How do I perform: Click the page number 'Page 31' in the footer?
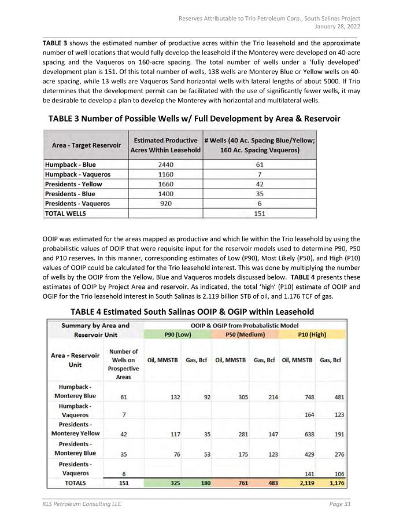339,505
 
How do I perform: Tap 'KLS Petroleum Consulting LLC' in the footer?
82,505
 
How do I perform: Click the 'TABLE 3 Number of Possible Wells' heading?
194,119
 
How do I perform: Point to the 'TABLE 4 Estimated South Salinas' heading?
192,312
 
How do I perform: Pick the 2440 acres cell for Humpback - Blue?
166,164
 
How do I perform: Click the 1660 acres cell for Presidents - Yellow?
166,184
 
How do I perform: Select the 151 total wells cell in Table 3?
260,213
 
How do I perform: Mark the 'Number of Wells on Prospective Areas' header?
124,364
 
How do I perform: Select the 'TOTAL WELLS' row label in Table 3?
65,213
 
